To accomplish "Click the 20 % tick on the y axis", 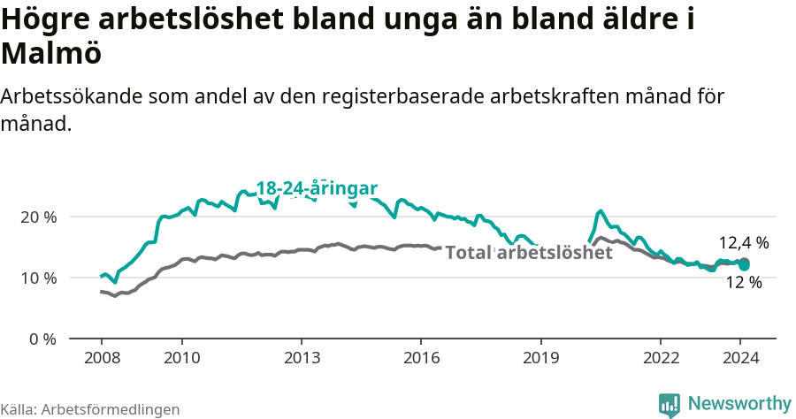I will coord(39,217).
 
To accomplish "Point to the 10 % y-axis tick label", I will coord(39,278).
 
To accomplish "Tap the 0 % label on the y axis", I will coord(42,339).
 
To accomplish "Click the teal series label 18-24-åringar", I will coord(317,188).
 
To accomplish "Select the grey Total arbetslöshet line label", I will coord(529,253).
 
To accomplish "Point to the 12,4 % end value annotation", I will coord(744,242).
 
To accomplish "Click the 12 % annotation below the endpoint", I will coord(744,283).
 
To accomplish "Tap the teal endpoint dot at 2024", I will coord(745,263).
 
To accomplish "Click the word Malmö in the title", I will coord(51,55).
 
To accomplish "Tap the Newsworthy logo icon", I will coord(670,405).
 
